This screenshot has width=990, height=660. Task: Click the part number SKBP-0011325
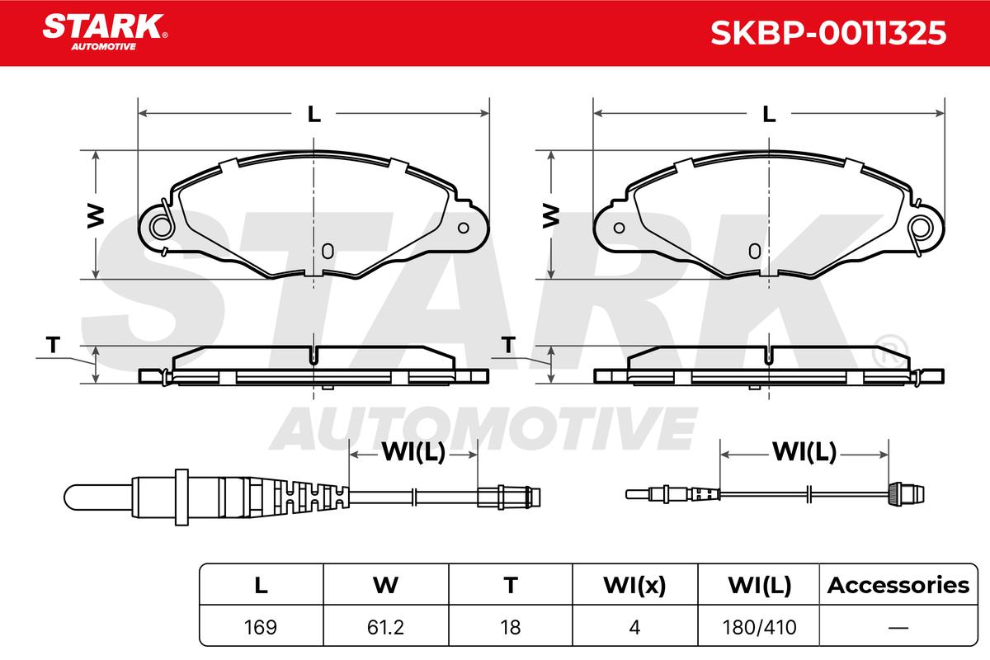click(828, 33)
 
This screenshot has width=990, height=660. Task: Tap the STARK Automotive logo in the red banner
click(105, 32)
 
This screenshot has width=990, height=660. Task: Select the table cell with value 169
click(261, 627)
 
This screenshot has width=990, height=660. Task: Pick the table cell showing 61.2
click(385, 627)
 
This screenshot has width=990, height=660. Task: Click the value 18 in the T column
click(511, 627)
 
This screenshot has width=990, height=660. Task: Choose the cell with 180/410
click(759, 627)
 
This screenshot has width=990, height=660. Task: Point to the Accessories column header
click(898, 585)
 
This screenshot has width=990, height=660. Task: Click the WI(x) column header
click(634, 585)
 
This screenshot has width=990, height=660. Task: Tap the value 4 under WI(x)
click(634, 627)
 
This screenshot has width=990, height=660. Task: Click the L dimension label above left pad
click(313, 114)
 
